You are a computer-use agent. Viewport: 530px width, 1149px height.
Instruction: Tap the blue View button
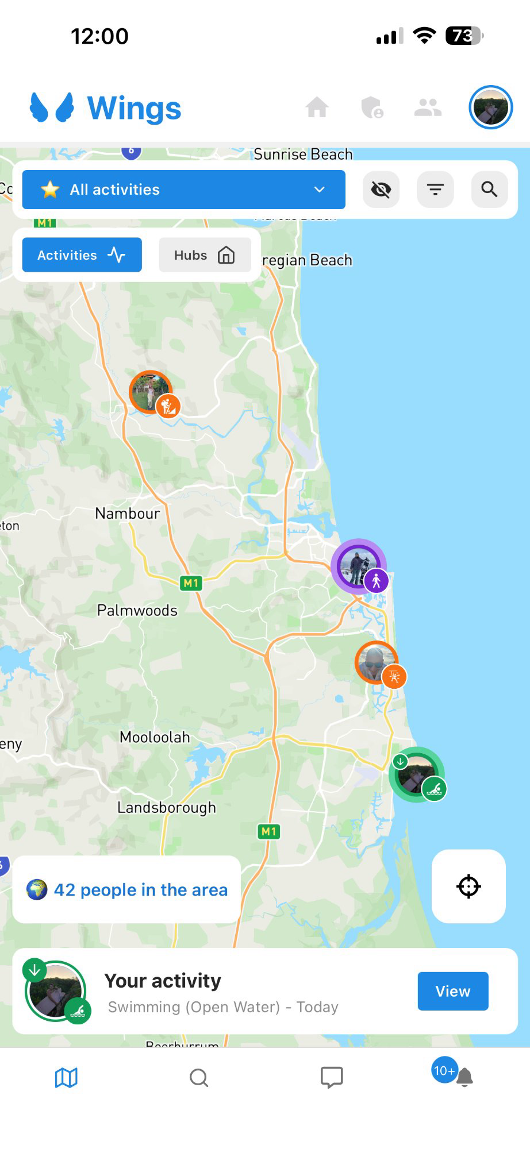(x=453, y=991)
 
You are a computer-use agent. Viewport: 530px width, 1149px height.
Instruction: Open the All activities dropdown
(x=183, y=190)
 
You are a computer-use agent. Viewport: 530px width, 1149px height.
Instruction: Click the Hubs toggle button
(x=205, y=255)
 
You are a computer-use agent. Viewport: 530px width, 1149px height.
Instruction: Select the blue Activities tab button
(x=82, y=255)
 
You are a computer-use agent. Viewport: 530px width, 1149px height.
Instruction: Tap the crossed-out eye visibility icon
(x=381, y=190)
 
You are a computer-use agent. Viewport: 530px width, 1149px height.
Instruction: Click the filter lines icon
(x=435, y=190)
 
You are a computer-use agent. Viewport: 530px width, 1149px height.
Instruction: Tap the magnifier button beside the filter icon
(x=489, y=190)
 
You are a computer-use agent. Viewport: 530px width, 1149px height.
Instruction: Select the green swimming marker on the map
(x=417, y=774)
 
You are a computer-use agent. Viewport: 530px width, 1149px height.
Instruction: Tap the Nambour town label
(x=127, y=513)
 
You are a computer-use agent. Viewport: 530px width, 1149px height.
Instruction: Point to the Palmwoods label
(x=137, y=610)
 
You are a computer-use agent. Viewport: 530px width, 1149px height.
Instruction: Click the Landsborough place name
(x=166, y=808)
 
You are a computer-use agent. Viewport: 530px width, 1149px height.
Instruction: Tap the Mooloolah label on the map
(x=154, y=737)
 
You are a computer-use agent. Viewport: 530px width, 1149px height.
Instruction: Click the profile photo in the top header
(x=490, y=107)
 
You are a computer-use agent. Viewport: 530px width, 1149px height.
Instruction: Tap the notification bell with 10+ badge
(x=463, y=1077)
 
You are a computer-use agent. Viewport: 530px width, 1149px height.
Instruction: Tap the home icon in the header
(x=317, y=107)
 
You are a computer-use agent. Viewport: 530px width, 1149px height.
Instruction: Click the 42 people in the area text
(x=140, y=890)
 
